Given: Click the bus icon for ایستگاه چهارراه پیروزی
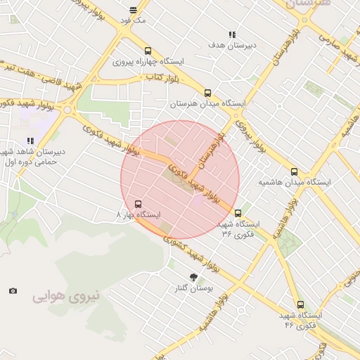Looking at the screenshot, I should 148,51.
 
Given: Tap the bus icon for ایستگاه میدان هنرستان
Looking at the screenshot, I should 207,93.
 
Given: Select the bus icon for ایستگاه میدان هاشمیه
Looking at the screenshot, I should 294,172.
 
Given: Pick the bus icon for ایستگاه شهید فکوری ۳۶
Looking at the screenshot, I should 238,213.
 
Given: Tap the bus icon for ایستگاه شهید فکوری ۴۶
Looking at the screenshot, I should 301,305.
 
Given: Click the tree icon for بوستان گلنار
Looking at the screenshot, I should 194,277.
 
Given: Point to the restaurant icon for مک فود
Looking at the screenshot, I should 134,10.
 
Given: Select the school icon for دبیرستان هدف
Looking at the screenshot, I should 232,34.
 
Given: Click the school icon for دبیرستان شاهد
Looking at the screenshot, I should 30,141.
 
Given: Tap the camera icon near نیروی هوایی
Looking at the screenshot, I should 13,290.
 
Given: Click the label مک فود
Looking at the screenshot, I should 133,20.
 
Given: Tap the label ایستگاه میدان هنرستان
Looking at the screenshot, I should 208,104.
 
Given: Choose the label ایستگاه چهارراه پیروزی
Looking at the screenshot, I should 148,62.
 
